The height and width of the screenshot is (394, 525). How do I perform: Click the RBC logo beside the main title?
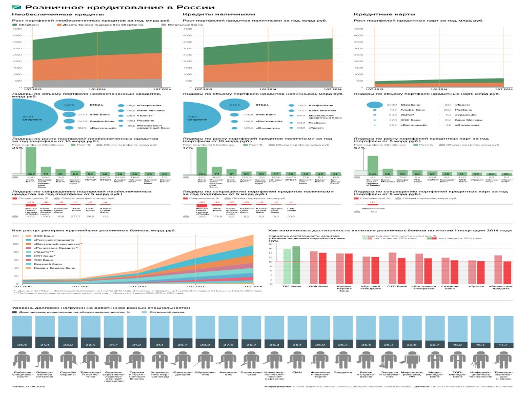point(16,7)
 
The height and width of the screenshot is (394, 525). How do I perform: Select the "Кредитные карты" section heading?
point(377,14)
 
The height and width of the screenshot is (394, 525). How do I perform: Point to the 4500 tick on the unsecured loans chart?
point(17,29)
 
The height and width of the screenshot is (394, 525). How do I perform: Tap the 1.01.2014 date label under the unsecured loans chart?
point(97,89)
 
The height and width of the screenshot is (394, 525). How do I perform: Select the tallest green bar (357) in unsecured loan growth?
point(31,162)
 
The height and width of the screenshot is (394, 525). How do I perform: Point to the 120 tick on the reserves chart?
point(15,237)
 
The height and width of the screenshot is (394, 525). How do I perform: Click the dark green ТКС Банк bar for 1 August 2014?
point(296,265)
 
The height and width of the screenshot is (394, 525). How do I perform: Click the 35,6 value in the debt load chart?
point(22,345)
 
